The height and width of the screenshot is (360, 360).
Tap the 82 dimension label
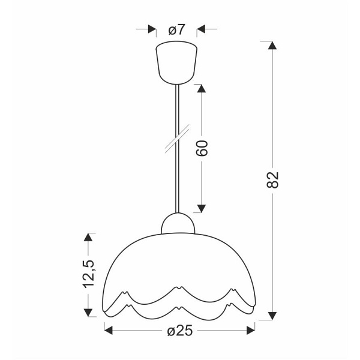274,181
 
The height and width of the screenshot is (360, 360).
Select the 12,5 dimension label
89,274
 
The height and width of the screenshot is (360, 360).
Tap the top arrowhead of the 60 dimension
202,88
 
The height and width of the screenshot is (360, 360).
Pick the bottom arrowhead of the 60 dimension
202,208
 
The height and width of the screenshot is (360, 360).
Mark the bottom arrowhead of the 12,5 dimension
89,311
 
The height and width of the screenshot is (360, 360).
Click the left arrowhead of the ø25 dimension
110,329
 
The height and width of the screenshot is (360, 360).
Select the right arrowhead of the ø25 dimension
251,329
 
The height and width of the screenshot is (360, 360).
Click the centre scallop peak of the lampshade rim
179,289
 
